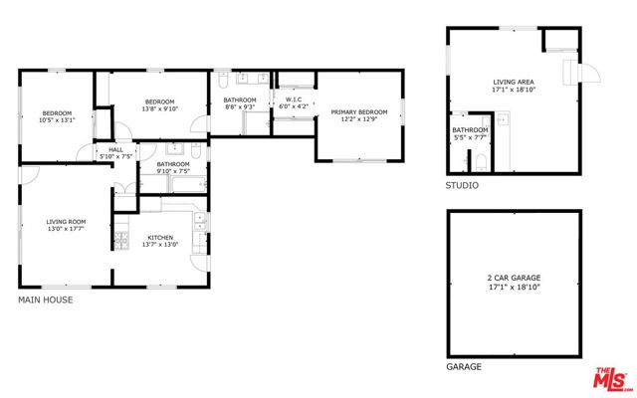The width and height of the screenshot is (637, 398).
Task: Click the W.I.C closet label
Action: pos(293,99)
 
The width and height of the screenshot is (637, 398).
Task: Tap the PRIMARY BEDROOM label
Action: pos(358,112)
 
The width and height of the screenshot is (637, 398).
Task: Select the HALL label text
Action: pos(114,149)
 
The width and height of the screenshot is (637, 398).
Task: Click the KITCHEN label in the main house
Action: pos(160,238)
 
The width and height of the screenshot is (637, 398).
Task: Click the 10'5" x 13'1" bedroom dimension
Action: pos(58,120)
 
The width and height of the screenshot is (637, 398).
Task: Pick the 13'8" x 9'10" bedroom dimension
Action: pos(159,109)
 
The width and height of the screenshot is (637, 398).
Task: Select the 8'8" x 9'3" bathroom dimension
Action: pos(240,107)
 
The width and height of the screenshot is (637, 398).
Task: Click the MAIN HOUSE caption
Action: pos(46,299)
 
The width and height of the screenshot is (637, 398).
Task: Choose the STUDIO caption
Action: pos(462,186)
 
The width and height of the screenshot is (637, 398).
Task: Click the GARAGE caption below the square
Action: pos(464,367)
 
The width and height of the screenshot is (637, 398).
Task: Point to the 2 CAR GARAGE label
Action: pos(514,278)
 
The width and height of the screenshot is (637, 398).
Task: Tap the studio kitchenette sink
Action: pos(504,120)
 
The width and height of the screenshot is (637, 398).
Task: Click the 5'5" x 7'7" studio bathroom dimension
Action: pos(471,139)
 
